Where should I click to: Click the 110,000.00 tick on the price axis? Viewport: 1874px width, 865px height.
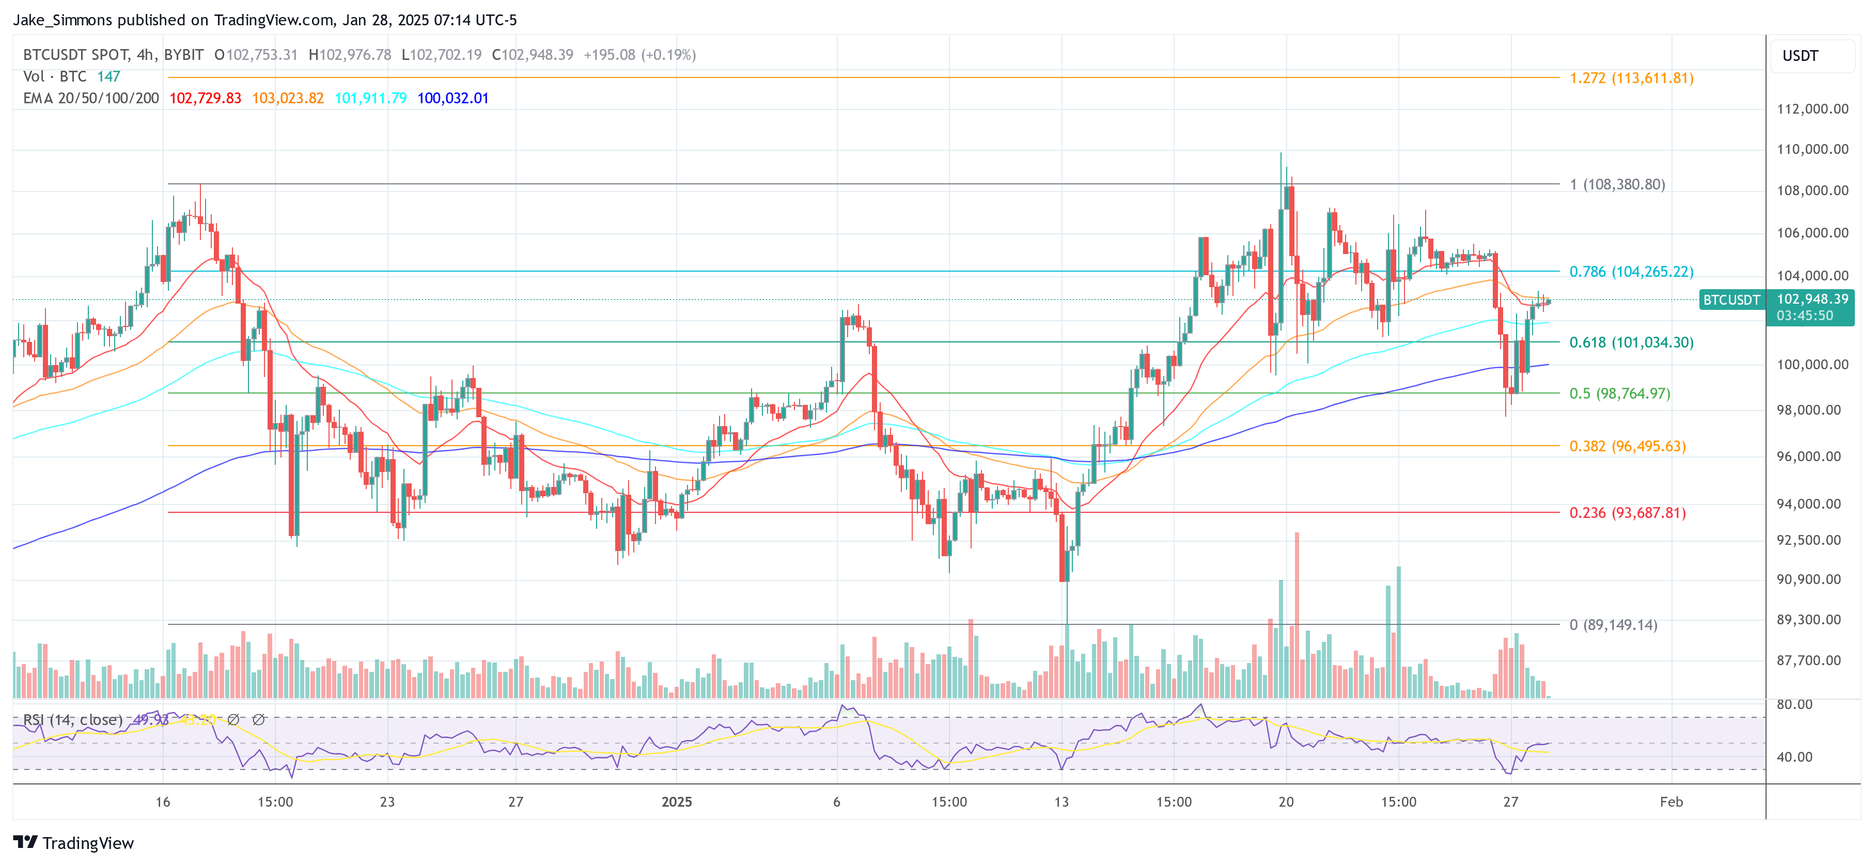(1811, 149)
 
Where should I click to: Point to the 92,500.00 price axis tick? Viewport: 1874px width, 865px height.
(1811, 540)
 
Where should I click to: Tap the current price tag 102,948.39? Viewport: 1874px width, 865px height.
(1811, 300)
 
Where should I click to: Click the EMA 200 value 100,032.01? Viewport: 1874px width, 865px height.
(452, 98)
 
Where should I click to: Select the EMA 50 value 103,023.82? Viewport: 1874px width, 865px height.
(287, 98)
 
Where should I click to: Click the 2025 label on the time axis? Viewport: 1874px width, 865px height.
(676, 801)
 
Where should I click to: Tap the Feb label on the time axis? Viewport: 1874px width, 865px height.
(1670, 801)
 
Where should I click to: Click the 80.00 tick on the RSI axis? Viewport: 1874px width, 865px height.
(1794, 704)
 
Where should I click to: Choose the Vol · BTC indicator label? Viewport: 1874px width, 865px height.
(55, 76)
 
